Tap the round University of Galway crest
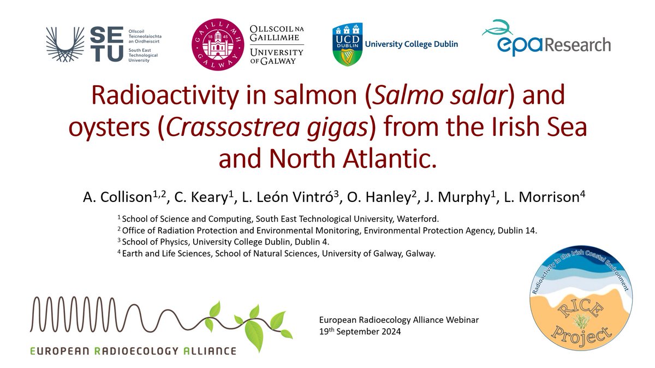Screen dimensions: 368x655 (218, 45)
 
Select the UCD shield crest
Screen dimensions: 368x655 (345, 45)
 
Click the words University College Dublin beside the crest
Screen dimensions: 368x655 (412, 44)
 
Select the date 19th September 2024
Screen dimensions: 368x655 (360, 331)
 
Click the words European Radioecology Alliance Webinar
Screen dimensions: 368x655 (387, 320)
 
